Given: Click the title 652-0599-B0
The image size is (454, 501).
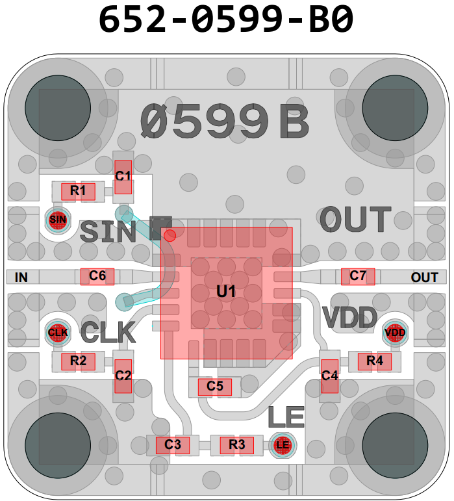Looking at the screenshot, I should click(x=226, y=20).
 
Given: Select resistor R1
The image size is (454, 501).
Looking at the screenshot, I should click(x=78, y=191).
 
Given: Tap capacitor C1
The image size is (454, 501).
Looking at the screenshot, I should click(x=123, y=176).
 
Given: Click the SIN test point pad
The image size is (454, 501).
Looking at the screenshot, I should click(x=58, y=220).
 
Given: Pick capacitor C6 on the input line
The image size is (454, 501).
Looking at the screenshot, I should click(x=97, y=276).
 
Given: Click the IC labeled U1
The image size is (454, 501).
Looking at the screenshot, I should click(x=226, y=292).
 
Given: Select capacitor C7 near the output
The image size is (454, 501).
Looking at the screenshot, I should click(x=358, y=276).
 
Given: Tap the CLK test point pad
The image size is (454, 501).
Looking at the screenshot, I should click(x=58, y=333).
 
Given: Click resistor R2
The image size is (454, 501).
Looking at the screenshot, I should click(x=78, y=361).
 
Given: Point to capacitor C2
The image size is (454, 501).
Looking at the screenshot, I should click(x=123, y=376).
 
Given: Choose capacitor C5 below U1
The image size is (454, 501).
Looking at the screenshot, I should click(x=215, y=387).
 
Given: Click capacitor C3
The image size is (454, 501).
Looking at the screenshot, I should click(x=172, y=445).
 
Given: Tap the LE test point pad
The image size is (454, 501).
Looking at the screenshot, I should click(x=282, y=445).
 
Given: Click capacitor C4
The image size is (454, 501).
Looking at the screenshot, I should click(x=330, y=376).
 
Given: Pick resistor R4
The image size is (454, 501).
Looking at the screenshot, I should click(x=375, y=361).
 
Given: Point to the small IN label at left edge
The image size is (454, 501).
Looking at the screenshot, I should click(x=21, y=278).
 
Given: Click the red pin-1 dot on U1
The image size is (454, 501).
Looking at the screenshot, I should click(x=170, y=235).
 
